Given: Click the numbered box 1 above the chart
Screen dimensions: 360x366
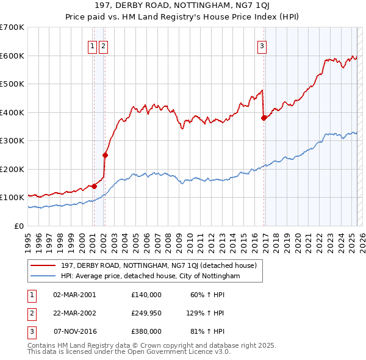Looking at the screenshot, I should pos(92,45).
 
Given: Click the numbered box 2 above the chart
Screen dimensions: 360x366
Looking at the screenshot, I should pos(103,45).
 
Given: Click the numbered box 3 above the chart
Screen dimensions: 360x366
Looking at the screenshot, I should pos(262,45).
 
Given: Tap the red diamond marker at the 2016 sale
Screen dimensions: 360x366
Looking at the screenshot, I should pos(264,118).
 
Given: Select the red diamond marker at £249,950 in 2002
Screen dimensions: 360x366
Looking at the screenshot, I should pos(105,155).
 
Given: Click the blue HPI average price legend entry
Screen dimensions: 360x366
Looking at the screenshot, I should pos(150,276).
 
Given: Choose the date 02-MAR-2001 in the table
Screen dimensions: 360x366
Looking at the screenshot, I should pos(74,295).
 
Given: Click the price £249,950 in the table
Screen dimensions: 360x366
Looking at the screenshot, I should pos(146,313).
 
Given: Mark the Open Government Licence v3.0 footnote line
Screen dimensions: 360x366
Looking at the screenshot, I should pos(129,351).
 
